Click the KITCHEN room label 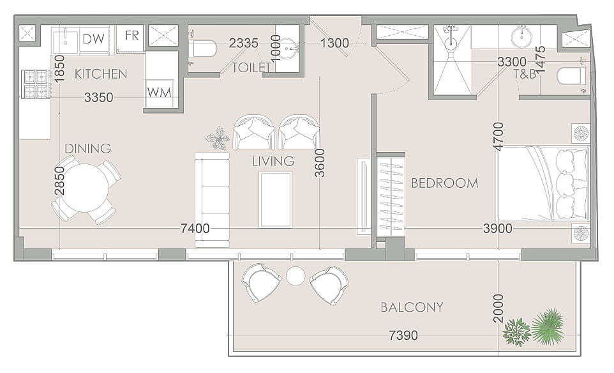[101, 73]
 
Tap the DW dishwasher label [94, 39]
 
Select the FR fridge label [132, 36]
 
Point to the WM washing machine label [159, 93]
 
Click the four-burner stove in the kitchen [36, 84]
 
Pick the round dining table [86, 188]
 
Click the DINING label [87, 148]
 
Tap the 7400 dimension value [195, 228]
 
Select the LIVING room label [273, 161]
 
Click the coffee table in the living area [275, 200]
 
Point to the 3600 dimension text [320, 163]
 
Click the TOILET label [251, 68]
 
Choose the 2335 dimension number [244, 43]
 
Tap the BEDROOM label [444, 183]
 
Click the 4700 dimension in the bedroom [498, 136]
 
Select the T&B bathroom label [525, 73]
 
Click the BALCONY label [412, 307]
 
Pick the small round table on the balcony [296, 276]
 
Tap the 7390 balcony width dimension [403, 335]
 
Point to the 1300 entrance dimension [334, 43]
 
